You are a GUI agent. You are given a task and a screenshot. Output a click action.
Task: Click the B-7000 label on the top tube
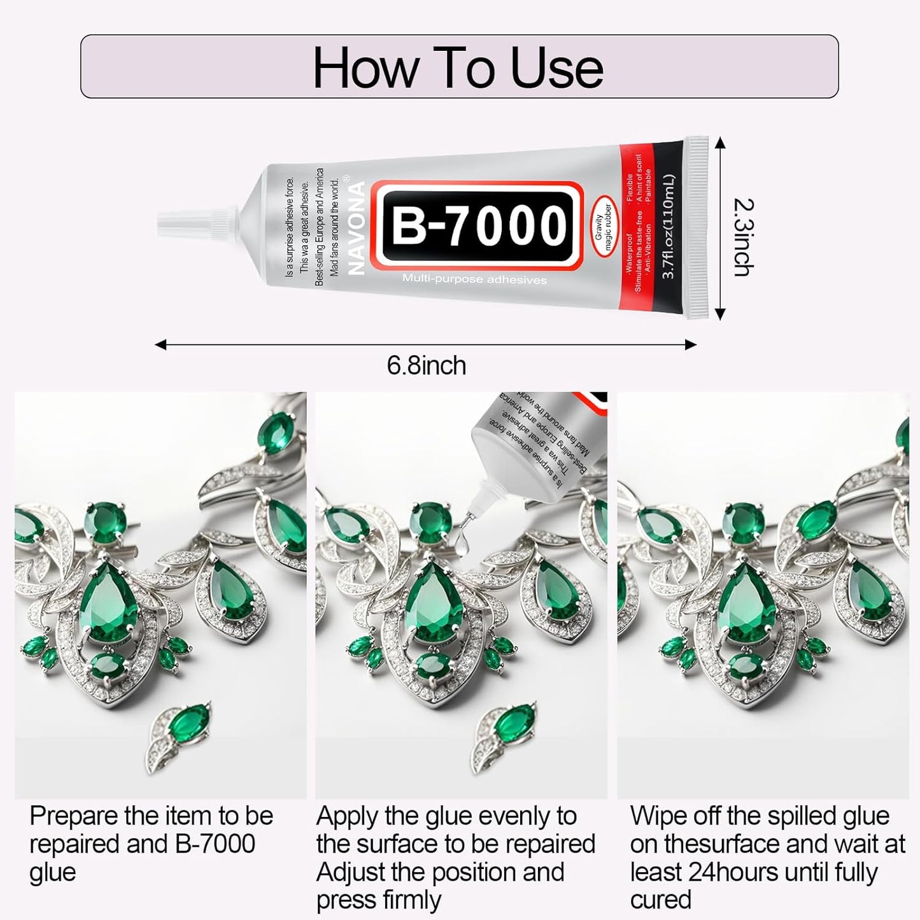[478, 226]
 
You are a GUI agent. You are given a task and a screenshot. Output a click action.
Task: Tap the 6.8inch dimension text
[426, 365]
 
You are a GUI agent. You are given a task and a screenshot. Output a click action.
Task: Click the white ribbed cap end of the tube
[699, 227]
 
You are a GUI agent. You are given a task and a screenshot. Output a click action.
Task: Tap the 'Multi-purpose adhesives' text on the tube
[474, 279]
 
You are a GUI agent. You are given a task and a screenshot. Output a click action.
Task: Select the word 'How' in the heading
[365, 68]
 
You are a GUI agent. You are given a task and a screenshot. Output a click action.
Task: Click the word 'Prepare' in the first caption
[74, 816]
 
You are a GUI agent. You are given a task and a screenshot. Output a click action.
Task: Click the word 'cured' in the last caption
[660, 900]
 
